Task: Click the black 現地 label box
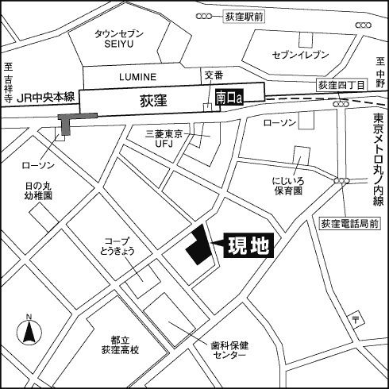(x=248, y=245)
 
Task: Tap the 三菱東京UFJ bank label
(x=164, y=139)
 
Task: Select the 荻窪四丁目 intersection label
(x=339, y=83)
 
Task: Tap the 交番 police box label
(x=214, y=75)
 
